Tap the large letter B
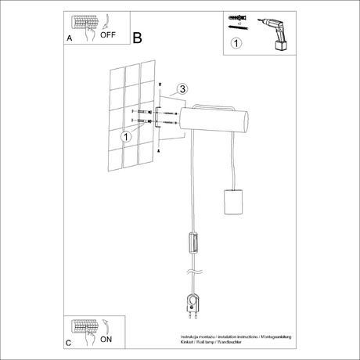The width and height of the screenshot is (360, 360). (139, 37)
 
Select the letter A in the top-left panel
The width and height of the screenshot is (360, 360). (70, 38)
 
